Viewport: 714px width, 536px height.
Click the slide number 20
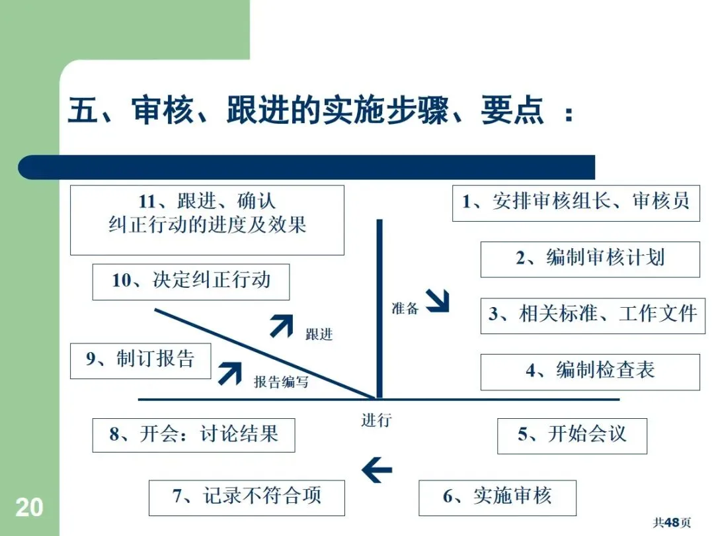(x=29, y=508)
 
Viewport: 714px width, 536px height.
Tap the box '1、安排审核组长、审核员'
(x=576, y=203)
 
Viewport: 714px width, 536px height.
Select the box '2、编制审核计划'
(x=590, y=259)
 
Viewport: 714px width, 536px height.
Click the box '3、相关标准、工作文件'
(x=590, y=316)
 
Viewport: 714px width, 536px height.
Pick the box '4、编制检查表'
(x=590, y=372)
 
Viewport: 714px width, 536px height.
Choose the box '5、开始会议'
(x=572, y=436)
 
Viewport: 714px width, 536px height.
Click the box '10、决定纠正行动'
(x=191, y=281)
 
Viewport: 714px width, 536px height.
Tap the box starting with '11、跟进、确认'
(x=207, y=220)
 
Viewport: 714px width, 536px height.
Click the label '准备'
(x=405, y=308)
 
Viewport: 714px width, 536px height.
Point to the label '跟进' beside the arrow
(x=319, y=334)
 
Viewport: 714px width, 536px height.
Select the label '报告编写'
(x=281, y=382)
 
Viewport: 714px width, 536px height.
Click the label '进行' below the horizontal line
(x=376, y=420)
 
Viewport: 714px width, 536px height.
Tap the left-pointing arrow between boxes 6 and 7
(x=377, y=470)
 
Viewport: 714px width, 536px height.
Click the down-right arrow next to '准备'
(x=437, y=300)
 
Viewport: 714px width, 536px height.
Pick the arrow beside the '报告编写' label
(x=230, y=373)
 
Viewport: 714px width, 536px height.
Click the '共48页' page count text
(x=672, y=523)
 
